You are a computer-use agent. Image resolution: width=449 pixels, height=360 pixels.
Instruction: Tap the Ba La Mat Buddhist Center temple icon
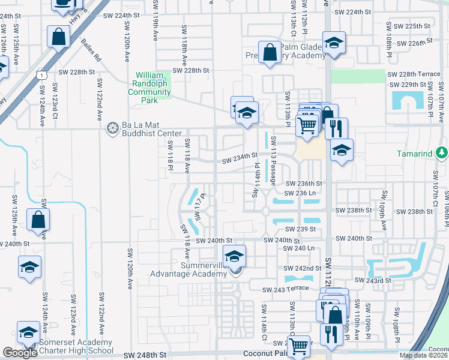pyautogui.click(x=112, y=128)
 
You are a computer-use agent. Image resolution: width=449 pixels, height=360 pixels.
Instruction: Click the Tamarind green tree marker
pyautogui.click(x=442, y=153)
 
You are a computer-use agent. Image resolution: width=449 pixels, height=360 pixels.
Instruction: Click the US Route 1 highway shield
pyautogui.click(x=40, y=75)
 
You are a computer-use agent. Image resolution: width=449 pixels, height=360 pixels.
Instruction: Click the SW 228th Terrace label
pyautogui.click(x=414, y=74)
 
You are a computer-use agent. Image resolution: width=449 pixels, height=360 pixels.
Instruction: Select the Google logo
pyautogui.click(x=20, y=353)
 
